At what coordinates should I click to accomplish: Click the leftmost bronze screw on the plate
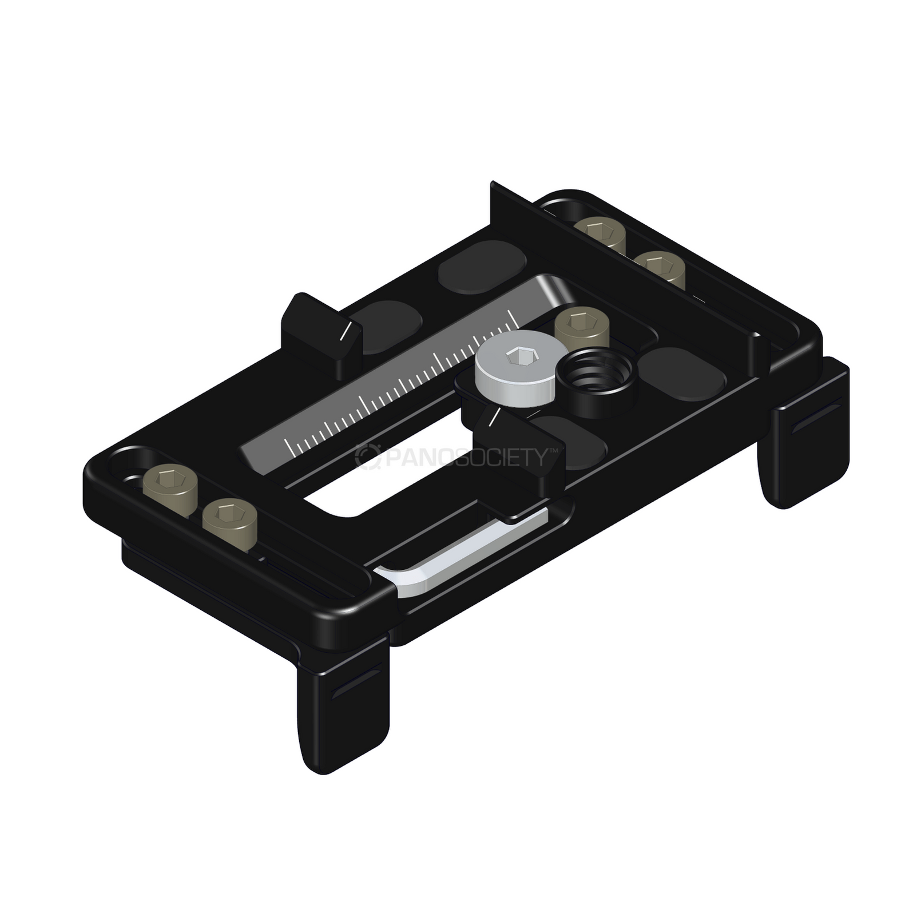tap(169, 482)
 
